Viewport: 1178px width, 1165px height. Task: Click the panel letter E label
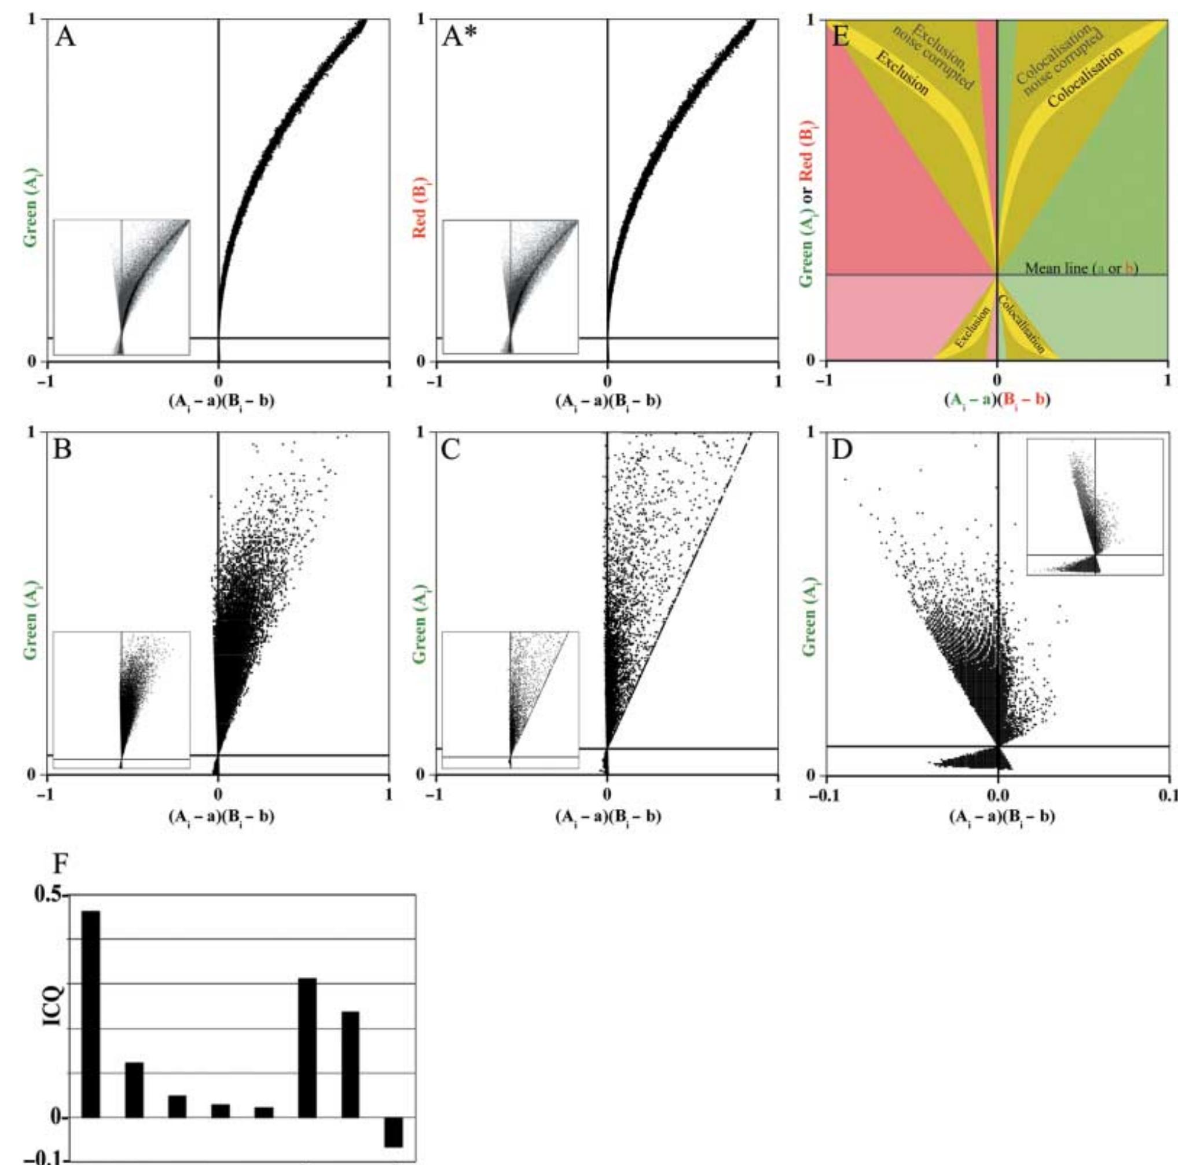point(840,38)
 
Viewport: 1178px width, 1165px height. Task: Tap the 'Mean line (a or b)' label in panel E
point(1081,268)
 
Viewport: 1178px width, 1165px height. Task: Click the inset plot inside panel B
point(122,699)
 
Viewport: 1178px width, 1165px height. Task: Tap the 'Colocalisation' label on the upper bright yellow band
point(1085,76)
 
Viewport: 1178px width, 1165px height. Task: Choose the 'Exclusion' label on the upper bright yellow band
point(902,73)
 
